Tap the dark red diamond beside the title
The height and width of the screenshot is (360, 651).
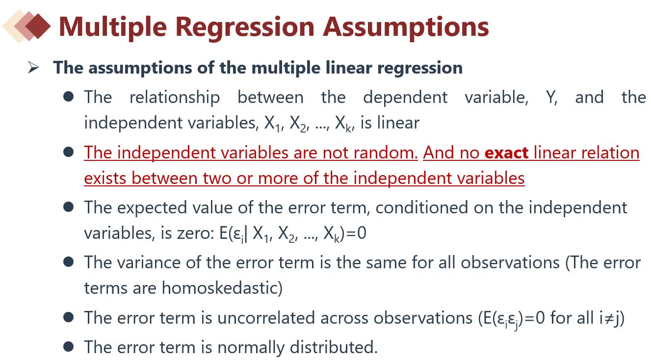[x=38, y=26]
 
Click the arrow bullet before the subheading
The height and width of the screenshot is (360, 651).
[x=33, y=68]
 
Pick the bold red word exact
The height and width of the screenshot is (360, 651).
[x=506, y=153]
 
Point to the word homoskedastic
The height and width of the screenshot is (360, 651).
[x=222, y=288]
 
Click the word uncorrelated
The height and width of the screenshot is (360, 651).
[x=266, y=318]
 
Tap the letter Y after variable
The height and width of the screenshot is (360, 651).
[x=551, y=97]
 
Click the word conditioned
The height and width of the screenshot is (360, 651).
[x=422, y=208]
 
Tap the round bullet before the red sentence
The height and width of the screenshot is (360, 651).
[x=68, y=152]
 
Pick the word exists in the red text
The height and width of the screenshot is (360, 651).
[x=105, y=178]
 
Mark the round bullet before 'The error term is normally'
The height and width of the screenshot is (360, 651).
[x=68, y=347]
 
